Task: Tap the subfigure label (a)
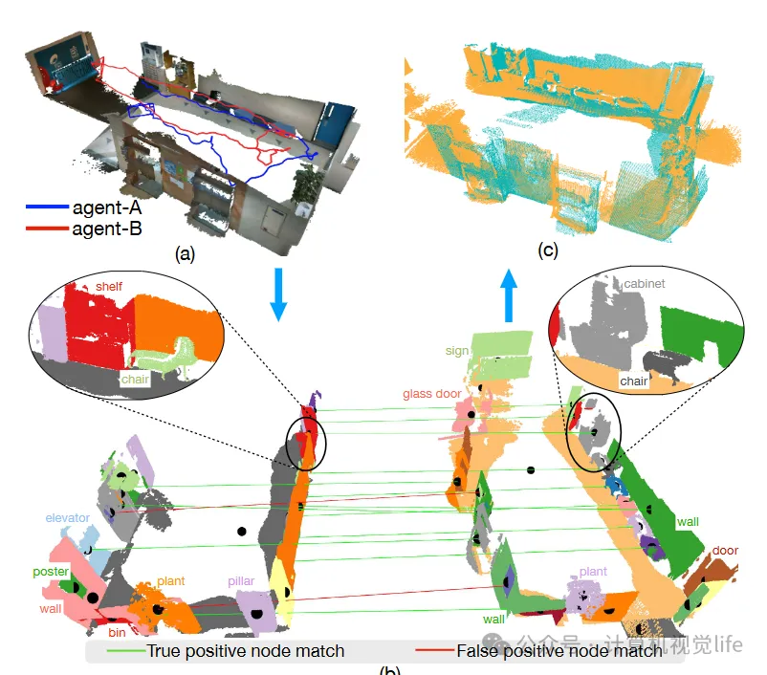[x=185, y=253]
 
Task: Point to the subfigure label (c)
[x=547, y=251]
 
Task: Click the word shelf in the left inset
[x=109, y=286]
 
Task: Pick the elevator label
[x=67, y=518]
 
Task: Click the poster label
[x=50, y=573]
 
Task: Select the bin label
[x=117, y=633]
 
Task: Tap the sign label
[x=457, y=351]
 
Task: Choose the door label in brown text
[x=725, y=552]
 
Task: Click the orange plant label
[x=170, y=580]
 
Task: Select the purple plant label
[x=593, y=572]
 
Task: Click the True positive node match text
[x=245, y=652]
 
